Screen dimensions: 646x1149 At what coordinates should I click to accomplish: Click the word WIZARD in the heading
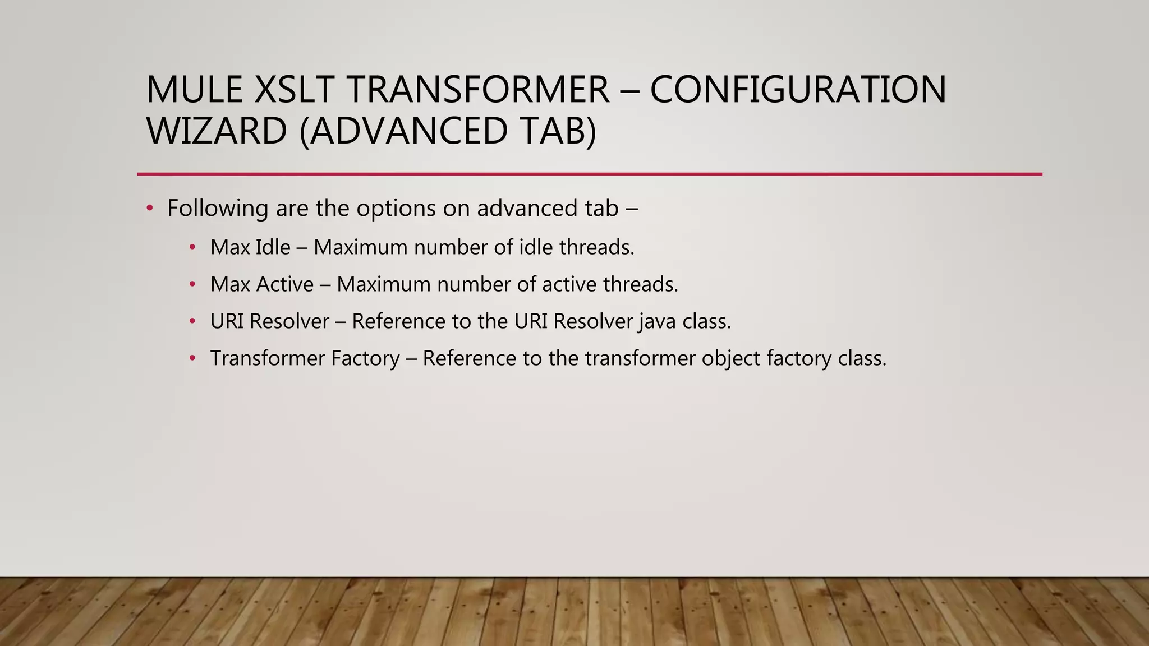(x=217, y=131)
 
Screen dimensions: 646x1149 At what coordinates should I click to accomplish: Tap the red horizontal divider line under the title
(x=589, y=174)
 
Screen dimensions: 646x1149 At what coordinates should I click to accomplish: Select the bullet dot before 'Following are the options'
(x=149, y=209)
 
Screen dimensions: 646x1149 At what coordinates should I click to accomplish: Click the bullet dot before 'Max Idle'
(x=192, y=247)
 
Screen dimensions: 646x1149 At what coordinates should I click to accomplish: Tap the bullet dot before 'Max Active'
(x=192, y=284)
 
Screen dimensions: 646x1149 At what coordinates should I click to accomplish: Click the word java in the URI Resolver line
(x=657, y=322)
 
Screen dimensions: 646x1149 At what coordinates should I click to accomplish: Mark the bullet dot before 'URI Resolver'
(x=192, y=321)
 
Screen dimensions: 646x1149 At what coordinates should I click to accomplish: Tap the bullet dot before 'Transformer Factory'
(x=192, y=358)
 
